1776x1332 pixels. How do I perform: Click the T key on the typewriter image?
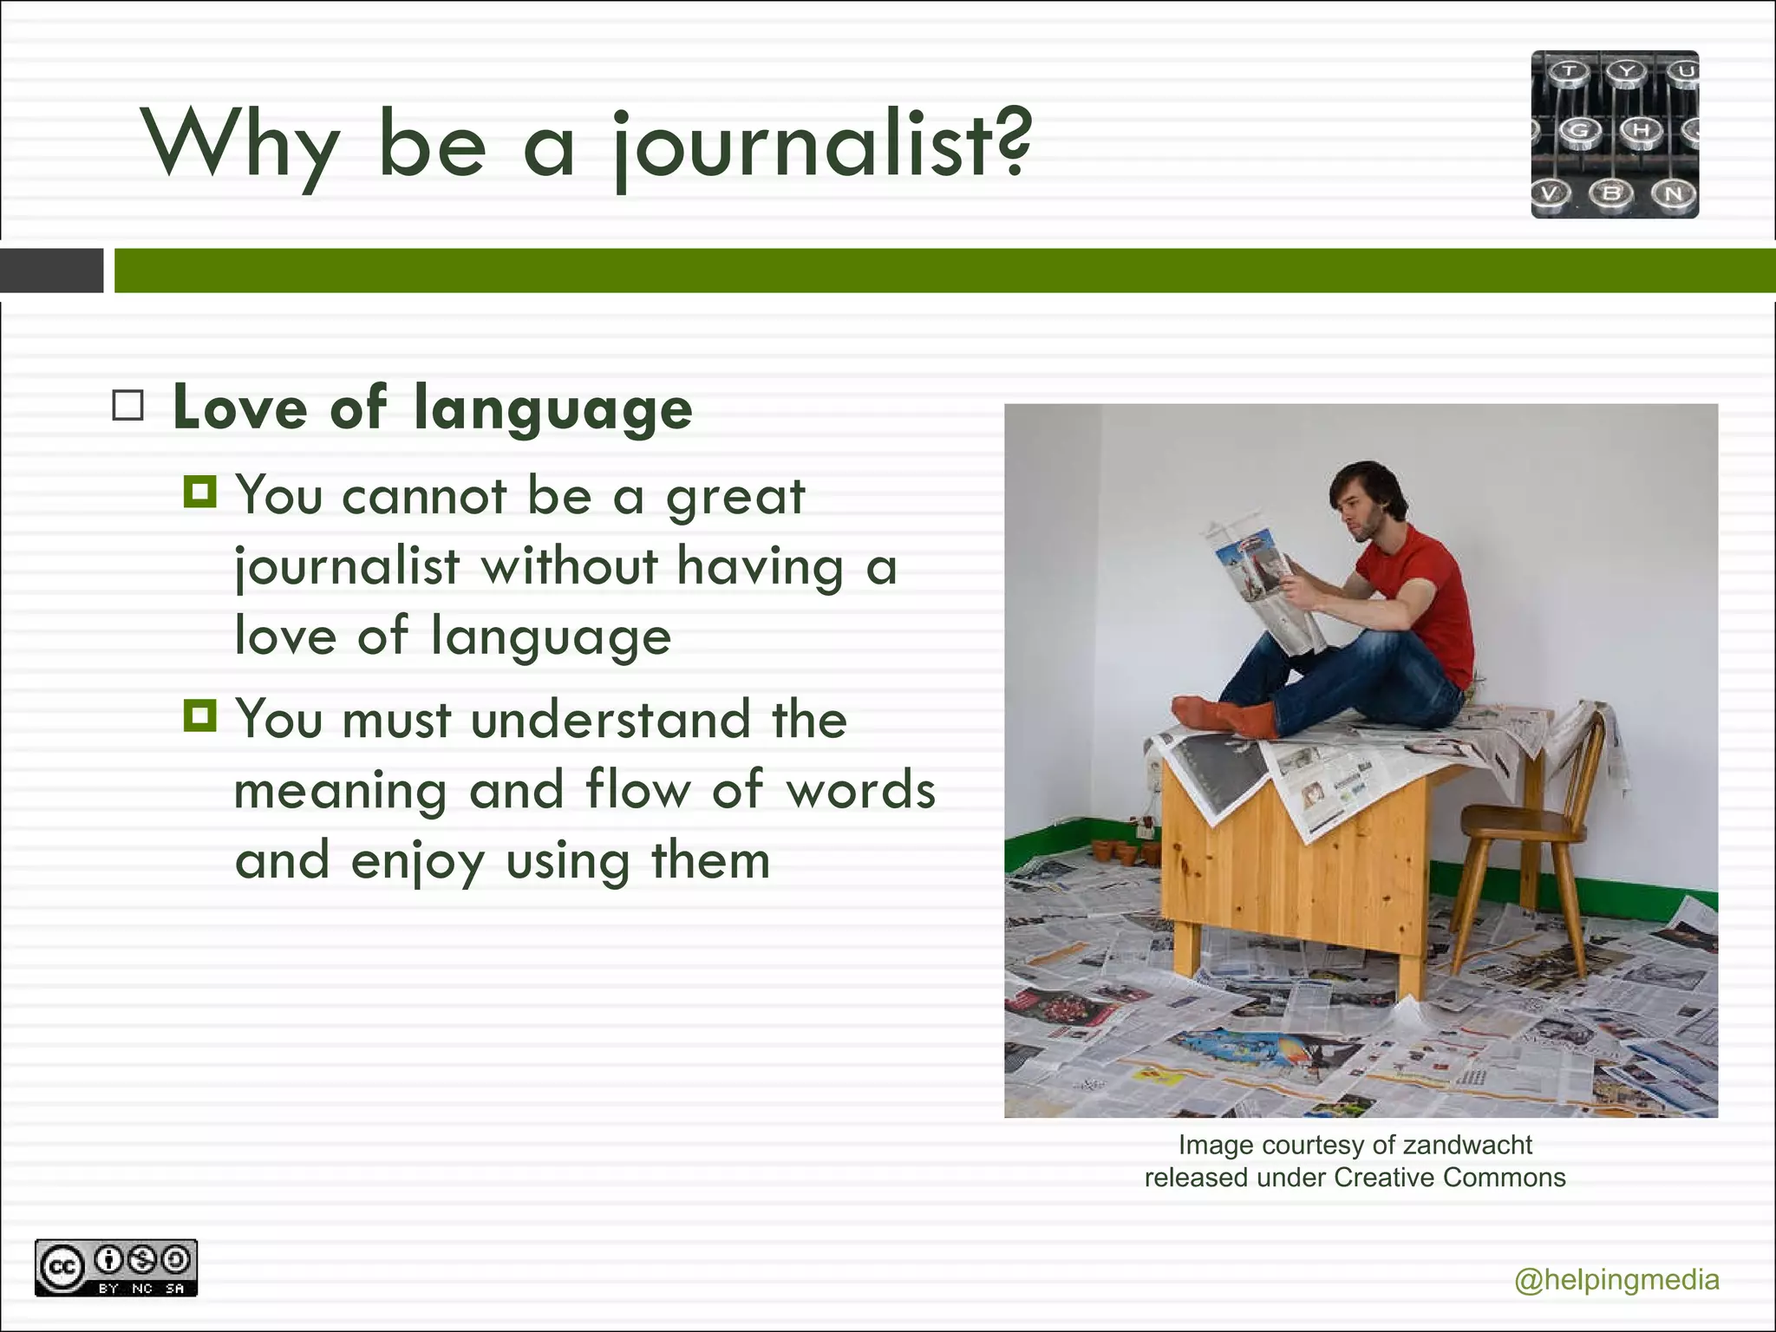pyautogui.click(x=1569, y=72)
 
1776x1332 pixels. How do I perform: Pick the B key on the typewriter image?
pyautogui.click(x=1611, y=193)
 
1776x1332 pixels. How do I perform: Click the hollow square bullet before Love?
pyautogui.click(x=128, y=405)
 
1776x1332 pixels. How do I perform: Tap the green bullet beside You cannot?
pyautogui.click(x=200, y=493)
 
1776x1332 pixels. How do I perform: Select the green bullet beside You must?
pyautogui.click(x=200, y=716)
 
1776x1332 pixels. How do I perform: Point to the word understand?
pyautogui.click(x=610, y=720)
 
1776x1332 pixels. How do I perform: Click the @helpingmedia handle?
pyautogui.click(x=1616, y=1280)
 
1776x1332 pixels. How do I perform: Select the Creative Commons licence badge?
pyautogui.click(x=116, y=1268)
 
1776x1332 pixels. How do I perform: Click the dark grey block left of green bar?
pyautogui.click(x=51, y=271)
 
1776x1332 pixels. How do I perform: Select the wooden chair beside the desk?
pyautogui.click(x=1526, y=832)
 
